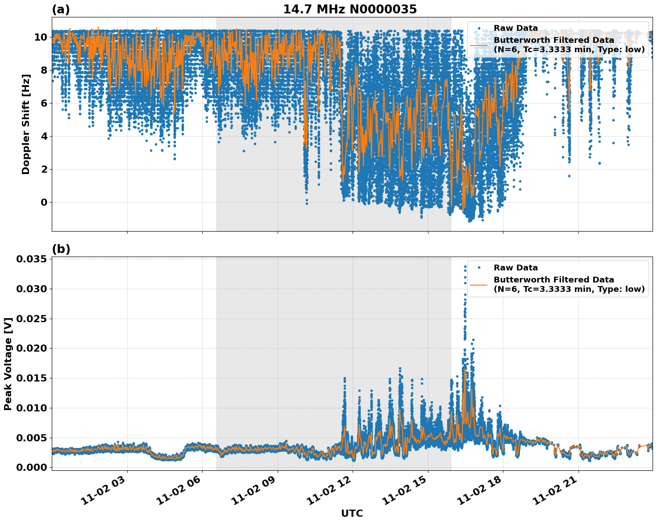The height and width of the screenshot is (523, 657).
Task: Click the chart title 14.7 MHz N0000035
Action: coord(350,9)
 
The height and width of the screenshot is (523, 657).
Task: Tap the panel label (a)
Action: coord(61,9)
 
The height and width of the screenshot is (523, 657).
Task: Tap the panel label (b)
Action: coord(61,249)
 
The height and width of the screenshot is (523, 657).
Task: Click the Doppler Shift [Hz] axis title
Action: coord(26,124)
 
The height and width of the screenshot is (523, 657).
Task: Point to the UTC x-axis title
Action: coord(352,513)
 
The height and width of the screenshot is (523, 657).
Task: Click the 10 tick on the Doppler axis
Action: coord(41,37)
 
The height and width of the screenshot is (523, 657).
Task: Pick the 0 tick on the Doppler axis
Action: coord(44,203)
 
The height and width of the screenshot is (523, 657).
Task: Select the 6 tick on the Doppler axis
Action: coord(44,103)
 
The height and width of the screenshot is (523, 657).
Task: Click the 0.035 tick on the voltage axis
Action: coord(32,259)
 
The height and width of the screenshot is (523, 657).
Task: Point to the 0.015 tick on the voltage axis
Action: coord(32,378)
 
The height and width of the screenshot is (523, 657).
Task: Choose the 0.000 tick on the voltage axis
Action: coord(32,467)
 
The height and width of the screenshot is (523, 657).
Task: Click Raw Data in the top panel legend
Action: coord(516,29)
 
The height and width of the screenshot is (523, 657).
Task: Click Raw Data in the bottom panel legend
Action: coord(516,268)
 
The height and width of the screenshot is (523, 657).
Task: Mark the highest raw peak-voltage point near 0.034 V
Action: coord(465,267)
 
